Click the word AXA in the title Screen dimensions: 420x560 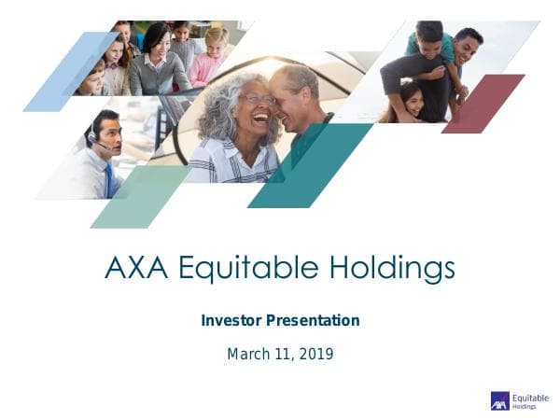pos(136,268)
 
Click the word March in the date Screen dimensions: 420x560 pos(249,354)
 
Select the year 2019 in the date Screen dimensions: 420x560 pos(315,354)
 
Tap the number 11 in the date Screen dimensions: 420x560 pos(284,354)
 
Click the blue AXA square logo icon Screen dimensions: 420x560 pos(500,400)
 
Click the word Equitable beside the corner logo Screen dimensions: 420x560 pos(530,397)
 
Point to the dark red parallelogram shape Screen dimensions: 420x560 pos(483,103)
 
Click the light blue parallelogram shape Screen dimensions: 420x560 pos(70,72)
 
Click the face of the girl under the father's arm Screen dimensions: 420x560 pos(412,96)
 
